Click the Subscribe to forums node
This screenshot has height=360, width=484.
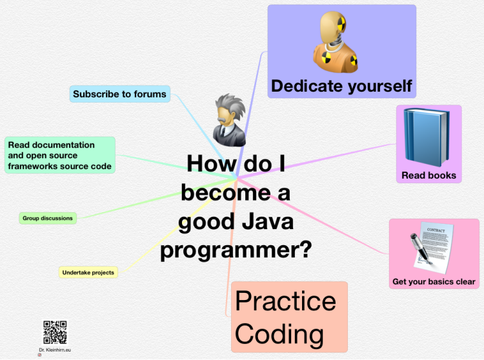(x=120, y=94)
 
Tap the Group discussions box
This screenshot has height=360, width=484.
(x=48, y=218)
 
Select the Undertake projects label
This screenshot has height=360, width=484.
(x=88, y=272)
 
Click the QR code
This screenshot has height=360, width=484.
(x=55, y=332)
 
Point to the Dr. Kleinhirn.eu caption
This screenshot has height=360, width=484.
(x=55, y=350)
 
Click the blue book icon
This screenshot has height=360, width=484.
(x=427, y=137)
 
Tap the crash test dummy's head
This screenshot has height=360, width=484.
(x=333, y=26)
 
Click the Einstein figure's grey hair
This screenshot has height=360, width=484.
(x=230, y=106)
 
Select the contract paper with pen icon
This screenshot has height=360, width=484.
(x=432, y=248)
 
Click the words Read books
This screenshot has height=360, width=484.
(x=429, y=175)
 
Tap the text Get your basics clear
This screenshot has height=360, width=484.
(x=434, y=281)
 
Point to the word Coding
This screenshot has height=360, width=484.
(x=279, y=334)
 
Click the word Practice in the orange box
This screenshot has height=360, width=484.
(x=285, y=301)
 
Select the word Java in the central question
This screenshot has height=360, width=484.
(x=268, y=221)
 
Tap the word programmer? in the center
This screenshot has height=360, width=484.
(x=236, y=250)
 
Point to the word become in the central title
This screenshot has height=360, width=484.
(x=227, y=193)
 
